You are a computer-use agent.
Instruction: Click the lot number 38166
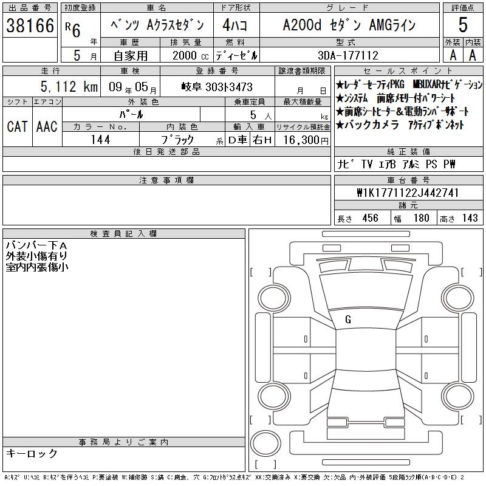coord(30,26)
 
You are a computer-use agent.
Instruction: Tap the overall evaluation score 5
coord(463,25)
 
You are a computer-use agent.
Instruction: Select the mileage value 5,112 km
coord(69,87)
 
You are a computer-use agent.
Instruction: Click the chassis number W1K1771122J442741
coord(408,193)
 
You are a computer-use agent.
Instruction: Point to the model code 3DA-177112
coord(348,55)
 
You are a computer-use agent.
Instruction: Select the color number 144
coord(101,140)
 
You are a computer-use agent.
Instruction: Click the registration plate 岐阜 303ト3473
coord(217,87)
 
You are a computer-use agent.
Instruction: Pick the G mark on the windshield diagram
coord(348,320)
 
